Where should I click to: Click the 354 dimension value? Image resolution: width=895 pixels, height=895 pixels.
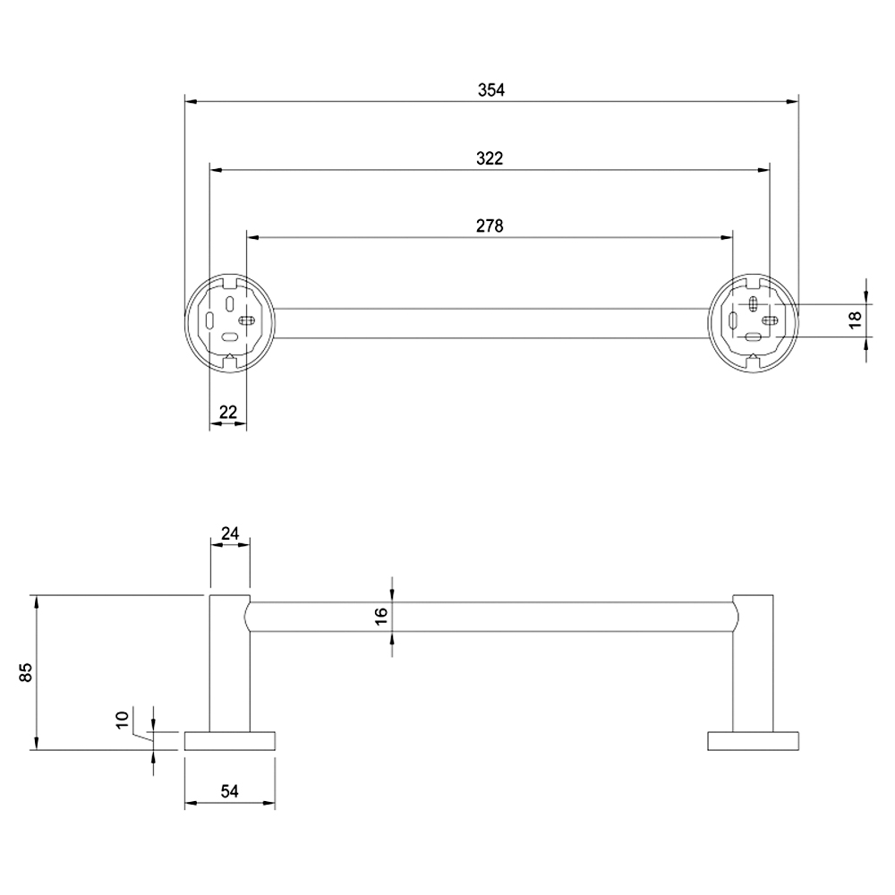(490, 89)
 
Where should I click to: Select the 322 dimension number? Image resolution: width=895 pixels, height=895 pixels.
(490, 158)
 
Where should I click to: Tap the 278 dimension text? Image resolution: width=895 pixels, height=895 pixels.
(490, 226)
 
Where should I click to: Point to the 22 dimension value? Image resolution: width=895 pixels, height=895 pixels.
(227, 412)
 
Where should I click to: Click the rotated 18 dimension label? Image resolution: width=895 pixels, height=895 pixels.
(855, 320)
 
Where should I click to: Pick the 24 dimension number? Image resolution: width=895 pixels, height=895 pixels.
(230, 533)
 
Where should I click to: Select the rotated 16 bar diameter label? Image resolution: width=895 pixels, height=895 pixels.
(380, 616)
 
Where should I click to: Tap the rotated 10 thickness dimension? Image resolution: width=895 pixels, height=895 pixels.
(122, 720)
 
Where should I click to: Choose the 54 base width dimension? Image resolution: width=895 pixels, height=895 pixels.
(229, 791)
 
